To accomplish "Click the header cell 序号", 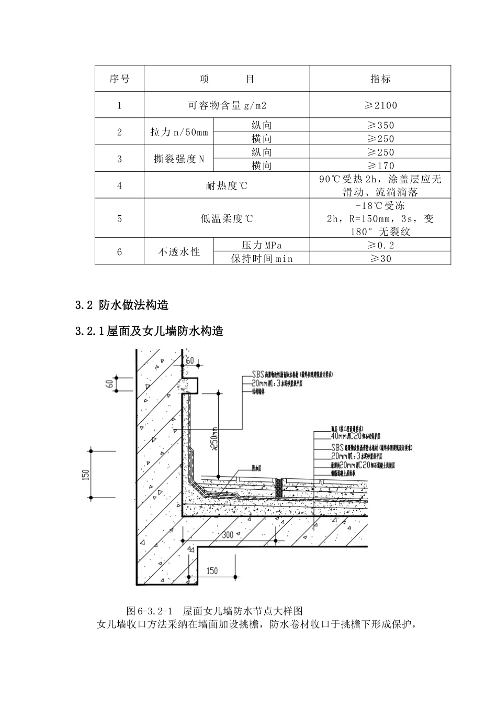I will pos(119,79).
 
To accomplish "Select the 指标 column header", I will pos(380,79).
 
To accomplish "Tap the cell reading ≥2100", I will pos(380,105).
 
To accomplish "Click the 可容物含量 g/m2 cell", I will pos(227,105).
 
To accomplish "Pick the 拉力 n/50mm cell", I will pos(179,132).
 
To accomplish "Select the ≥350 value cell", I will pos(380,125).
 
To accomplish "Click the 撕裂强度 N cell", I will pos(179,159).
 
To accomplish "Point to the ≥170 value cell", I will pos(380,166).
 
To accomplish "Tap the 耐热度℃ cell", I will pos(227,185).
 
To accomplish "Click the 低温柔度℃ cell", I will pos(227,218).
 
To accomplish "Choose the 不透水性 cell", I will pos(179,252).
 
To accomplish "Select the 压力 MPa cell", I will pos(262,245).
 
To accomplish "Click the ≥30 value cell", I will pos(380,258).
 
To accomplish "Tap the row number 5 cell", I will pos(119,218).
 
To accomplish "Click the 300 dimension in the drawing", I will pos(228,535).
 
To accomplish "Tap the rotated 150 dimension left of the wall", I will pos(86,474).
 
